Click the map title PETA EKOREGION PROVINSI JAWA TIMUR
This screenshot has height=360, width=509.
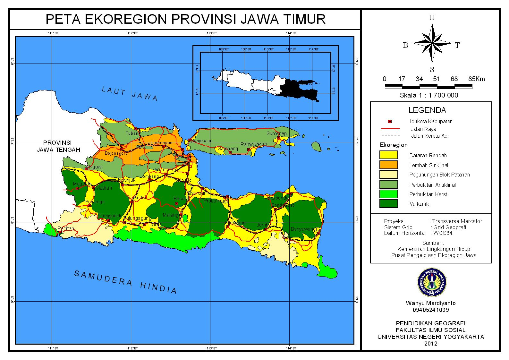coord(185,19)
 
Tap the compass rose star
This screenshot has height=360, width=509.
coord(432,43)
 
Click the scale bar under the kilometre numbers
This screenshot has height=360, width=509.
coord(428,86)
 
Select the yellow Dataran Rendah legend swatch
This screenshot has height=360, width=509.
coord(388,155)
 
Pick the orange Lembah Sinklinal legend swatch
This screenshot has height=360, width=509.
coord(388,165)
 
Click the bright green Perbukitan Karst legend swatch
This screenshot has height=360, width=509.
coord(388,194)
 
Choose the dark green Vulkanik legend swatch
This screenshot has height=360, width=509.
coord(388,204)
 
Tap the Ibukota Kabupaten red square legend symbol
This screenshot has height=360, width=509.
coord(390,122)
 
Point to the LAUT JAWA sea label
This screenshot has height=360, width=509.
coord(130,94)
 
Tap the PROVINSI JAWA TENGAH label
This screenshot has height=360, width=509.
coord(58,146)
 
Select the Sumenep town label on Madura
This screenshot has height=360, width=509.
coord(276,133)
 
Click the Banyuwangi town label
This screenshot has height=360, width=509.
coord(303,229)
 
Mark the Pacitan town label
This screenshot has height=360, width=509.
coord(66,228)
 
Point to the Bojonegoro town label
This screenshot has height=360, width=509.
coord(116,153)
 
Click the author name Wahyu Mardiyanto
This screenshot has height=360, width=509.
coord(430,303)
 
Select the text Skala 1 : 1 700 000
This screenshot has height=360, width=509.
coord(428,95)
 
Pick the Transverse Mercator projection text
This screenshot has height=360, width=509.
coord(457,221)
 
